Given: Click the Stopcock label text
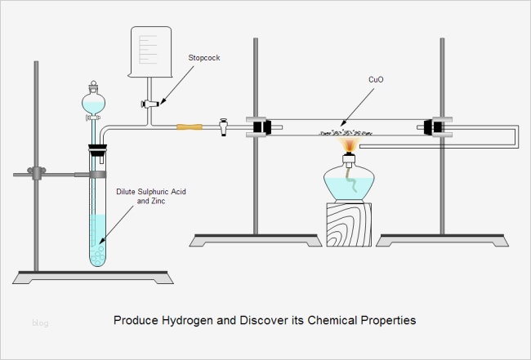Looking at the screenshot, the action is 204,58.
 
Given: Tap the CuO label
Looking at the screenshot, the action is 376,79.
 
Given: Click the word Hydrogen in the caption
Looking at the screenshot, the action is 187,321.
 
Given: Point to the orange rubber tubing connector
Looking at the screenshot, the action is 190,127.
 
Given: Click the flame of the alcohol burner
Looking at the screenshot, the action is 350,144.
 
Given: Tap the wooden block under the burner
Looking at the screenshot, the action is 349,224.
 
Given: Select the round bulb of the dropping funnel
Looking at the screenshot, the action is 93,103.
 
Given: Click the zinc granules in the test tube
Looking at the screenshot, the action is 98,256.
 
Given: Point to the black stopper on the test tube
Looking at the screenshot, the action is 97,150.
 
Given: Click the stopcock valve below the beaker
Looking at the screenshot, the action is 149,104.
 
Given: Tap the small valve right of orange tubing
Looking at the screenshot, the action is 224,127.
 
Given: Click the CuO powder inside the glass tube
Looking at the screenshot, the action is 346,133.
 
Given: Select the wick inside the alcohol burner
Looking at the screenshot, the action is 350,180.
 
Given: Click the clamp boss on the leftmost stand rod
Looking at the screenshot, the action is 37,173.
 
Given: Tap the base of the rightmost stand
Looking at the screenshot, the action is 442,240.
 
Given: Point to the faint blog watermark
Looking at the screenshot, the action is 40,322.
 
